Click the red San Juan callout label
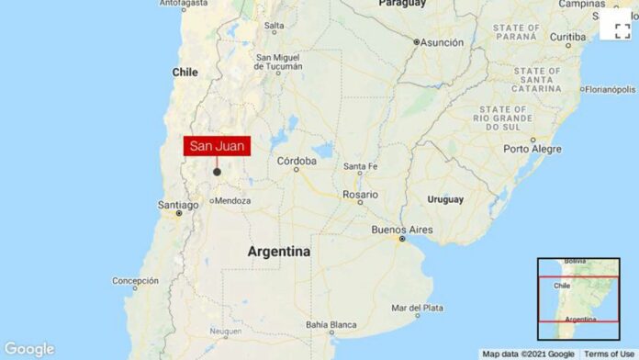217,146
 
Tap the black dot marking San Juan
217,171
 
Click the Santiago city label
177,205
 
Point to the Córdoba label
297,161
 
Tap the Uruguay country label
444,198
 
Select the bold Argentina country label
278,251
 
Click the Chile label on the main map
186,72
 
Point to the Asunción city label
443,41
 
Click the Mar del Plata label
417,308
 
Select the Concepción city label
135,281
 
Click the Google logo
29,349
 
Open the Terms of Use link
609,354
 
